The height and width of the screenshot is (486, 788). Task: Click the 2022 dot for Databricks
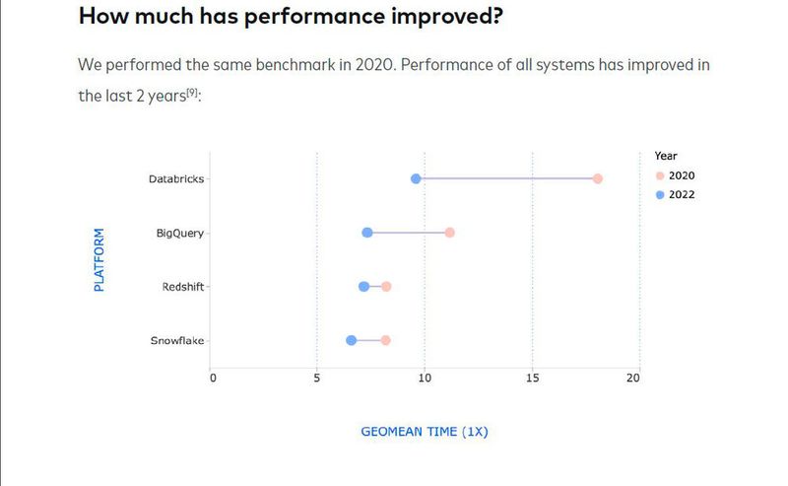pos(416,178)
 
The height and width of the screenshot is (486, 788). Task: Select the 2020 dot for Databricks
pos(598,178)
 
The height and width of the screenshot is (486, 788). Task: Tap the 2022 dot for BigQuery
pos(367,233)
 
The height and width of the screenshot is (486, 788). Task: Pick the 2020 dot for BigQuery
pos(450,233)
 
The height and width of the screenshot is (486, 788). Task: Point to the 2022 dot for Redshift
pos(363,287)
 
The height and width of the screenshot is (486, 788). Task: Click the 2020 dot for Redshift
pos(386,287)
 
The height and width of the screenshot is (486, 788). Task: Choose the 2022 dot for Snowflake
pos(351,340)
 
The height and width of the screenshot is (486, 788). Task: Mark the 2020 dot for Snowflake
pos(386,340)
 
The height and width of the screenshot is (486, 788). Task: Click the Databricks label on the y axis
pos(176,179)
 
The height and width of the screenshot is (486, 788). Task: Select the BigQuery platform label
pos(180,234)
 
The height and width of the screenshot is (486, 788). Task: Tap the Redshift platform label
pos(183,287)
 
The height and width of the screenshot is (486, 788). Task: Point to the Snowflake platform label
pos(177,341)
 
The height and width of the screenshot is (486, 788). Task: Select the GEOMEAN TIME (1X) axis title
pos(425,432)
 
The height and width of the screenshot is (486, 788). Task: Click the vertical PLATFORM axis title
pos(99,260)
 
